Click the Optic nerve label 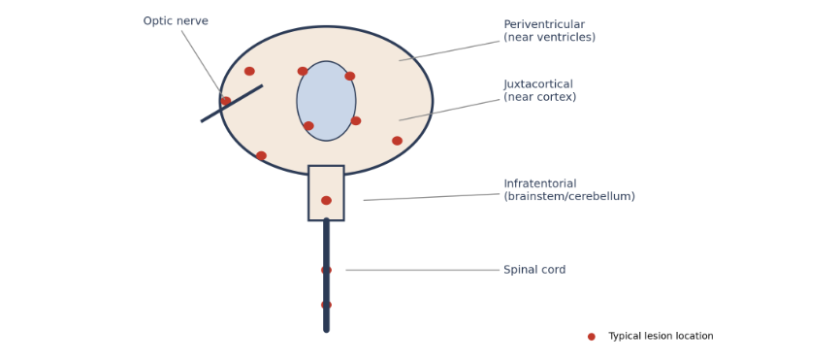[176, 21]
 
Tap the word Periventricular [544, 24]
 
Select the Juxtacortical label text [538, 84]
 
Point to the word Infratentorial [540, 183]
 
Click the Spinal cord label [534, 270]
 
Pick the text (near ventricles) [550, 38]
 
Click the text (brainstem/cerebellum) [569, 196]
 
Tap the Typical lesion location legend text [661, 336]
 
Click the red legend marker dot [592, 337]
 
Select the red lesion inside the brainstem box [327, 200]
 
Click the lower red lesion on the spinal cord [327, 305]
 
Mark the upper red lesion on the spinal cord [327, 270]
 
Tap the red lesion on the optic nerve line [226, 101]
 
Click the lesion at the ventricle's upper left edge [303, 71]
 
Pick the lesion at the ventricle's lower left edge [308, 126]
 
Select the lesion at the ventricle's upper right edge [350, 76]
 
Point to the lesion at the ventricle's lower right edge [356, 121]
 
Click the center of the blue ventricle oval [327, 101]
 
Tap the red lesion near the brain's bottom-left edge [261, 155]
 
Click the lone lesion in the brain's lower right [397, 141]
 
